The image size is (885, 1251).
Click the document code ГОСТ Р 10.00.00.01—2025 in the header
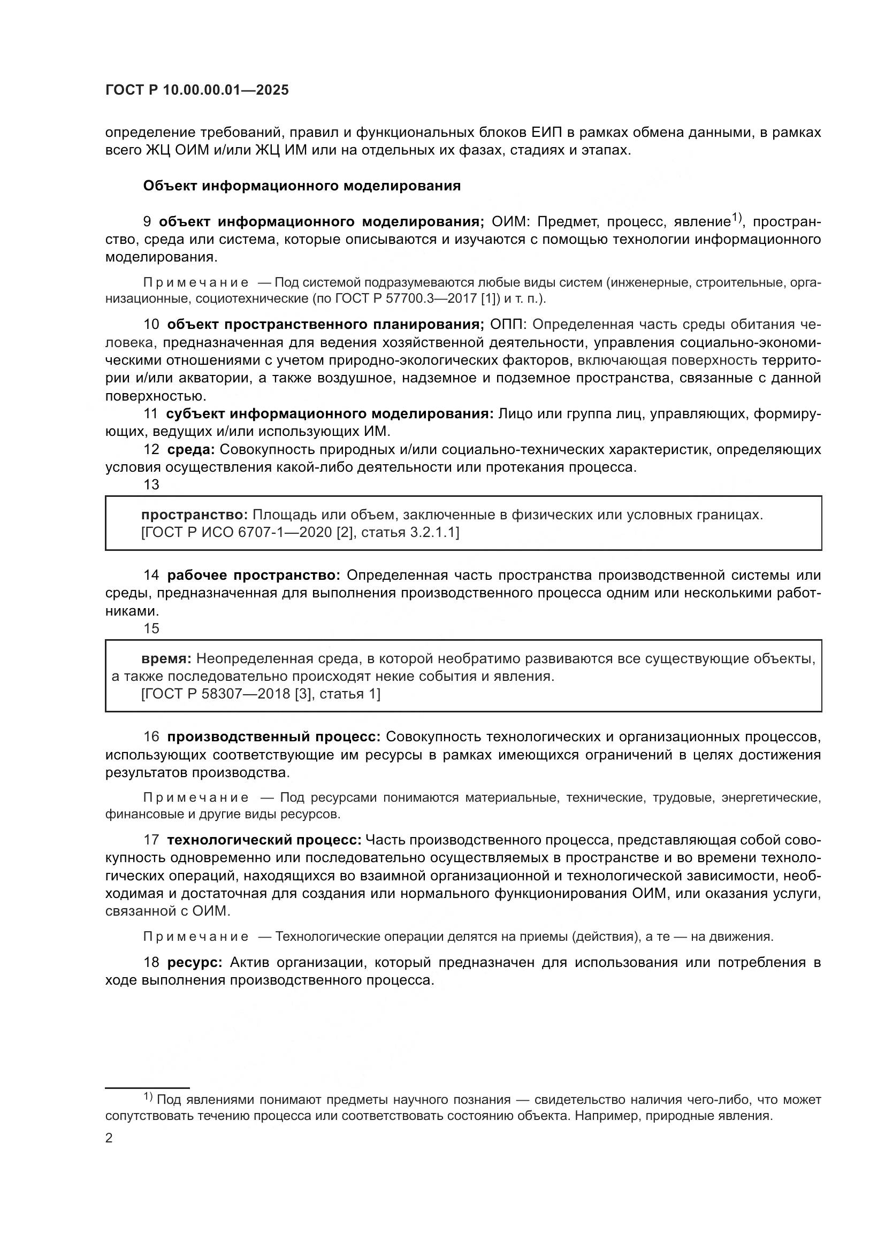197,90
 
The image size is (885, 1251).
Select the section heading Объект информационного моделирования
301,186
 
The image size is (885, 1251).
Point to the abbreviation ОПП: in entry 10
507,325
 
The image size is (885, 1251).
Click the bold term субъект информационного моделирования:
330,414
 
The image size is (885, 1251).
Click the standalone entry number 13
151,485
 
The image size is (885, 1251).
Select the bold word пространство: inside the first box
195,515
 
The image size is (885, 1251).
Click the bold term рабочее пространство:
254,575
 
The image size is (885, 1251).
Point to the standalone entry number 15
151,629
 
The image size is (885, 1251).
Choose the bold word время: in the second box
166,659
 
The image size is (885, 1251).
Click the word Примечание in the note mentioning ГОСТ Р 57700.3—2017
196,283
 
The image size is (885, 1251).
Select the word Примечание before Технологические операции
196,937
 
